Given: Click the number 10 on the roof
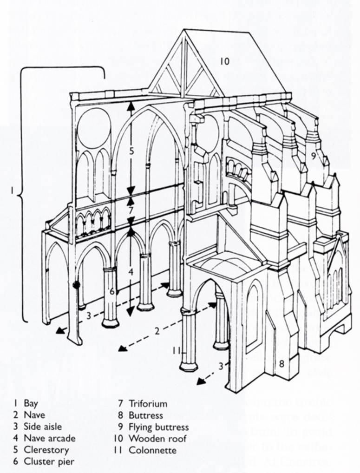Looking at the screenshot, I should point(225,61).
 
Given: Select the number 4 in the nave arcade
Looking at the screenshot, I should point(131,271).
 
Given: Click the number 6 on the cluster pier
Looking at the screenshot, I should point(111,292).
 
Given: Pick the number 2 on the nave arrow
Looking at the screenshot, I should point(157,331).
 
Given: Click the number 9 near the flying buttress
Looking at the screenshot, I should point(314,157).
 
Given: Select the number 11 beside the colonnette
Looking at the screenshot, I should point(176,351).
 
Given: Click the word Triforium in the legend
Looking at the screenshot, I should point(148,403).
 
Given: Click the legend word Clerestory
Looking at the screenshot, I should point(46,450).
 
